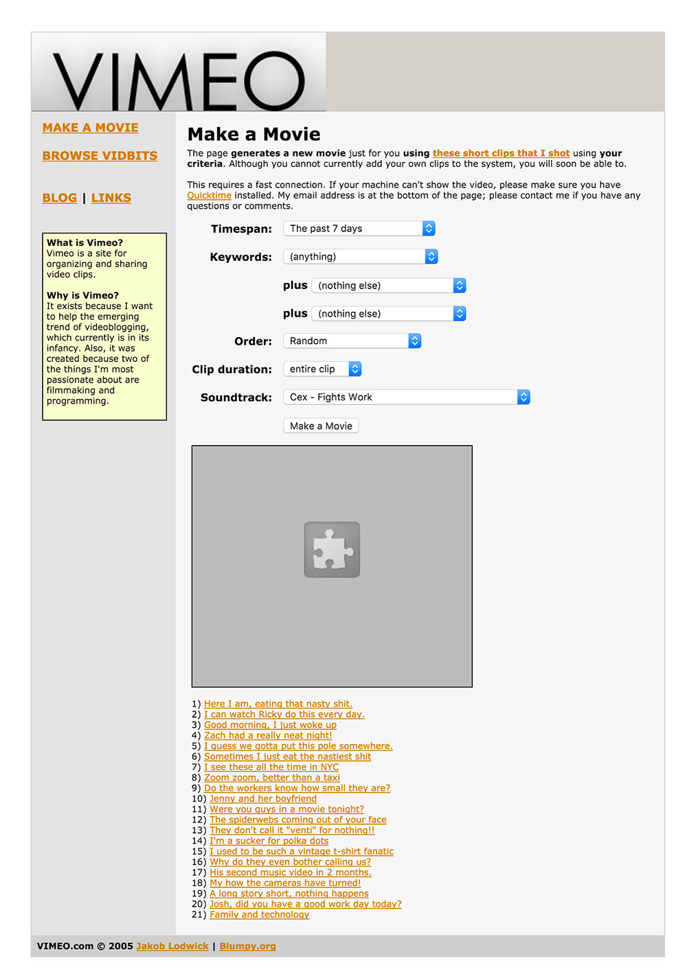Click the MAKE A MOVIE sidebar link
(90, 128)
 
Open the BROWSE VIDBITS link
(100, 156)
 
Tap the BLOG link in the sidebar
(59, 198)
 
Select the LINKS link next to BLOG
(111, 198)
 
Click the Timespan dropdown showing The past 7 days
(359, 229)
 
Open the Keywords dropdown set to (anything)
(360, 257)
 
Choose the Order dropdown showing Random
(352, 341)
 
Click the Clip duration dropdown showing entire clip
(322, 369)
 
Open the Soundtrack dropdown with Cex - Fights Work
(406, 398)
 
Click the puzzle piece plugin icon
(332, 549)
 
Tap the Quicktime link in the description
(209, 196)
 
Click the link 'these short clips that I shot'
(501, 153)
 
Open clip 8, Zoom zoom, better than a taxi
(271, 777)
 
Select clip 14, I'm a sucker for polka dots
(269, 841)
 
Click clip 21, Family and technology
(259, 915)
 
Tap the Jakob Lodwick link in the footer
(172, 946)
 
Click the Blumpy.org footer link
(247, 946)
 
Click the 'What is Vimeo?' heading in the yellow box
(85, 242)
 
